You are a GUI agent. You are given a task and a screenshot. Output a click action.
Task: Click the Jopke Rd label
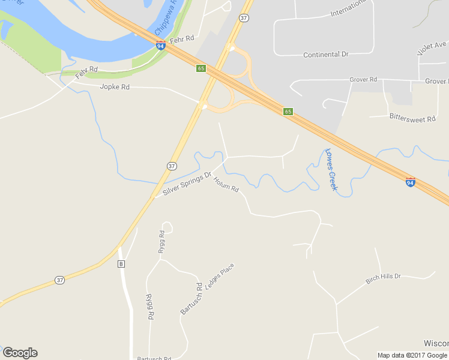click(115, 87)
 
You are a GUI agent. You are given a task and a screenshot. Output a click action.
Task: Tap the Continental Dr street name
click(325, 55)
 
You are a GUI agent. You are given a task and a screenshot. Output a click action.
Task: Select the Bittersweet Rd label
click(412, 119)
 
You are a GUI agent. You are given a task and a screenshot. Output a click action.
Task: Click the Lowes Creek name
click(331, 170)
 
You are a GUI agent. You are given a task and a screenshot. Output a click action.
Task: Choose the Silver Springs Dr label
click(187, 184)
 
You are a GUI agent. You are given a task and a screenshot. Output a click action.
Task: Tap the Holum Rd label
click(226, 185)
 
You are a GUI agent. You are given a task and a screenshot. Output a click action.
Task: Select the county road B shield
click(121, 264)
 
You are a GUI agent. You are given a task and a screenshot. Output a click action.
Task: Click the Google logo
click(20, 353)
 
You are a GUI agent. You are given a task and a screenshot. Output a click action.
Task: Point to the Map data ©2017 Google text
click(412, 355)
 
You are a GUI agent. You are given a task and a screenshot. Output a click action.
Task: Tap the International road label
click(348, 7)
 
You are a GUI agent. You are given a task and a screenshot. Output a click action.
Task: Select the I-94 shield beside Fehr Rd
click(160, 45)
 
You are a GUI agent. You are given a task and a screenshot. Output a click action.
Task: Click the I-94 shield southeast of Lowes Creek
click(411, 181)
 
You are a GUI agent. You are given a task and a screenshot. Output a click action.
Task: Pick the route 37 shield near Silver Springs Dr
click(172, 166)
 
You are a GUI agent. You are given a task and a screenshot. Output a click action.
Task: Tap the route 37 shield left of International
click(243, 18)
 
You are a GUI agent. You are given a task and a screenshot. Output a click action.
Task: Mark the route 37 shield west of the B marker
click(59, 280)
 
